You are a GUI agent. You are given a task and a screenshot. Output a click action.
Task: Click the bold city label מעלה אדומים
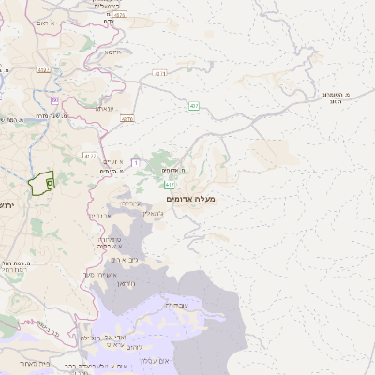click(190, 199)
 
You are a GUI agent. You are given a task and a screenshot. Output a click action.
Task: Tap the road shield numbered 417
click(170, 185)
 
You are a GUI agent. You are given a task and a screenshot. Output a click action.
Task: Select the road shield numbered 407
click(193, 104)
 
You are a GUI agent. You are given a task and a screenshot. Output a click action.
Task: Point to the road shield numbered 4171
click(160, 73)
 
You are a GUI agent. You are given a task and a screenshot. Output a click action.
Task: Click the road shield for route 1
click(135, 163)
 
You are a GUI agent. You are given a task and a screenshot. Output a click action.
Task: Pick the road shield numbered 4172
click(89, 156)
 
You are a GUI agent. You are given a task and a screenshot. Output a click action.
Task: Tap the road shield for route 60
click(55, 99)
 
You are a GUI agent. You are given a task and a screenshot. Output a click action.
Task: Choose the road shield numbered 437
click(127, 119)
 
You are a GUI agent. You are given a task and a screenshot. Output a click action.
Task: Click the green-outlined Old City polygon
click(41, 184)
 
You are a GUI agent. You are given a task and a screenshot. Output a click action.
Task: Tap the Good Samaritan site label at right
click(335, 97)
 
